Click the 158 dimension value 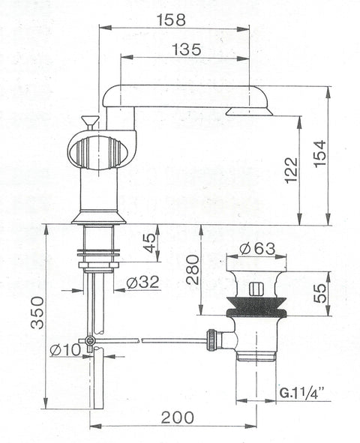click(171, 20)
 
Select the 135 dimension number click(187, 49)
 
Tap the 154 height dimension click(319, 154)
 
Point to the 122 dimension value click(292, 170)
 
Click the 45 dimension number click(150, 243)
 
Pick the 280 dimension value click(193, 270)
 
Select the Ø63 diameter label click(257, 249)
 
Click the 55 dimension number click(319, 293)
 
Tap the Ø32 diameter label click(142, 282)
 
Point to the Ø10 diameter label click(65, 351)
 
